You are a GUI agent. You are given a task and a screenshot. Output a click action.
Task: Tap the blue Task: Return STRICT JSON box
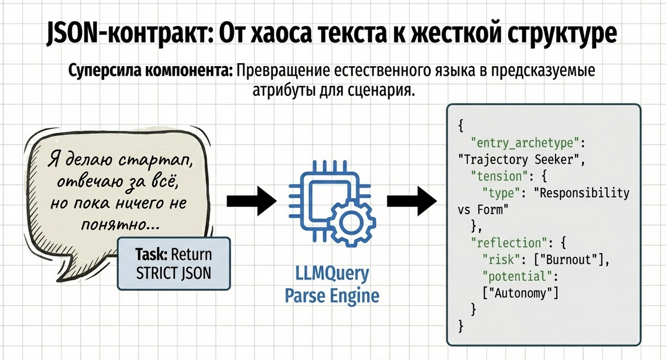pyautogui.click(x=174, y=264)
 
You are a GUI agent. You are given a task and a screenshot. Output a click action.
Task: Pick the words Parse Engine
pyautogui.click(x=332, y=296)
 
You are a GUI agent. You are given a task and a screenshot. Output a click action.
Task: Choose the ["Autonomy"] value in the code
pyautogui.click(x=520, y=293)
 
